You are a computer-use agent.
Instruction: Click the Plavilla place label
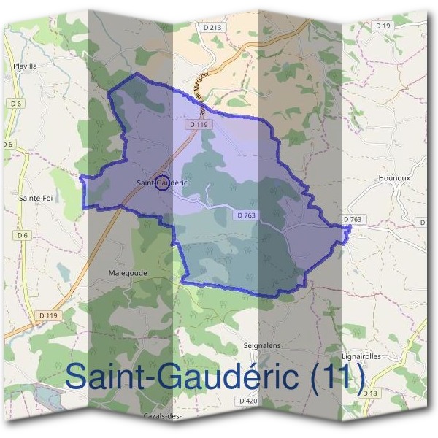click(x=25, y=65)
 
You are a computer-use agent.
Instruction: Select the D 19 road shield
click(x=383, y=26)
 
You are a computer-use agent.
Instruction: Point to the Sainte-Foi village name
click(x=34, y=197)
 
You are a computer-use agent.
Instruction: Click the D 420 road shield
click(x=248, y=401)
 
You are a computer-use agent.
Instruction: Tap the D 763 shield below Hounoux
click(x=353, y=219)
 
